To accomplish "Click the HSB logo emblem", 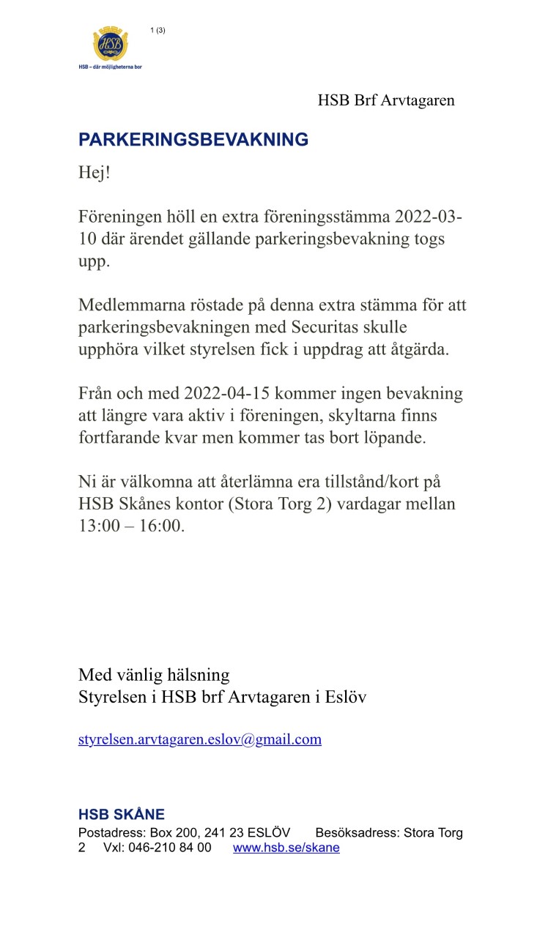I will pos(111,44).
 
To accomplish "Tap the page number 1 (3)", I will pos(158,30).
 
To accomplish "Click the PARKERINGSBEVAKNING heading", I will pos(193,140).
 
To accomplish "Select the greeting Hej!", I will pos(94,174).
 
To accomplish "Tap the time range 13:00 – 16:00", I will pos(132,526).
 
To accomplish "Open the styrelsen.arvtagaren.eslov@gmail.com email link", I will pos(199,739).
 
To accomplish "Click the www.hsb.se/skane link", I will pos(286,848).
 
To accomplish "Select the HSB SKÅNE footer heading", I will pos(122,815).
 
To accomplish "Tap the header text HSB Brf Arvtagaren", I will pos(386,100).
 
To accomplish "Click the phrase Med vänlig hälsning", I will pos(154,674).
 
